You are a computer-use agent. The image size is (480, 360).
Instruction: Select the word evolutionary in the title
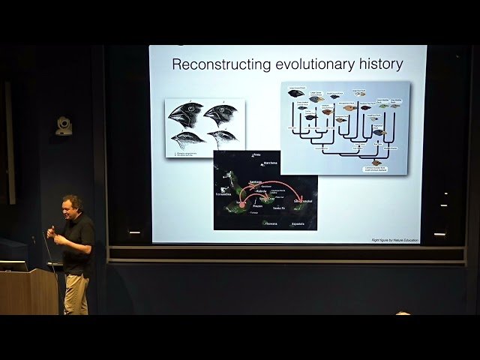[308, 64]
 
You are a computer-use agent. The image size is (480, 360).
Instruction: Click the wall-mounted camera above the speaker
[64, 126]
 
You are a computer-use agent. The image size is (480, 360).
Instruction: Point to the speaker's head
[72, 205]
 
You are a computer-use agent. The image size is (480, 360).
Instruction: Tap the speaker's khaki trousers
[75, 293]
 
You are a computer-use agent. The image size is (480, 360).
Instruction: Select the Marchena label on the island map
[270, 163]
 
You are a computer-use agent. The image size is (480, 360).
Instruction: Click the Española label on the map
[298, 223]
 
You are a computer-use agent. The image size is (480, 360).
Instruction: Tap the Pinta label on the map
[256, 155]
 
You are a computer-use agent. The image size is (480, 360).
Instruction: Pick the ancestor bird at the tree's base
[376, 162]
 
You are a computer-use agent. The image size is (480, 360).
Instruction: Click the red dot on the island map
[242, 204]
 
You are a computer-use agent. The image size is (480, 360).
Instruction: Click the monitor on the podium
[13, 265]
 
